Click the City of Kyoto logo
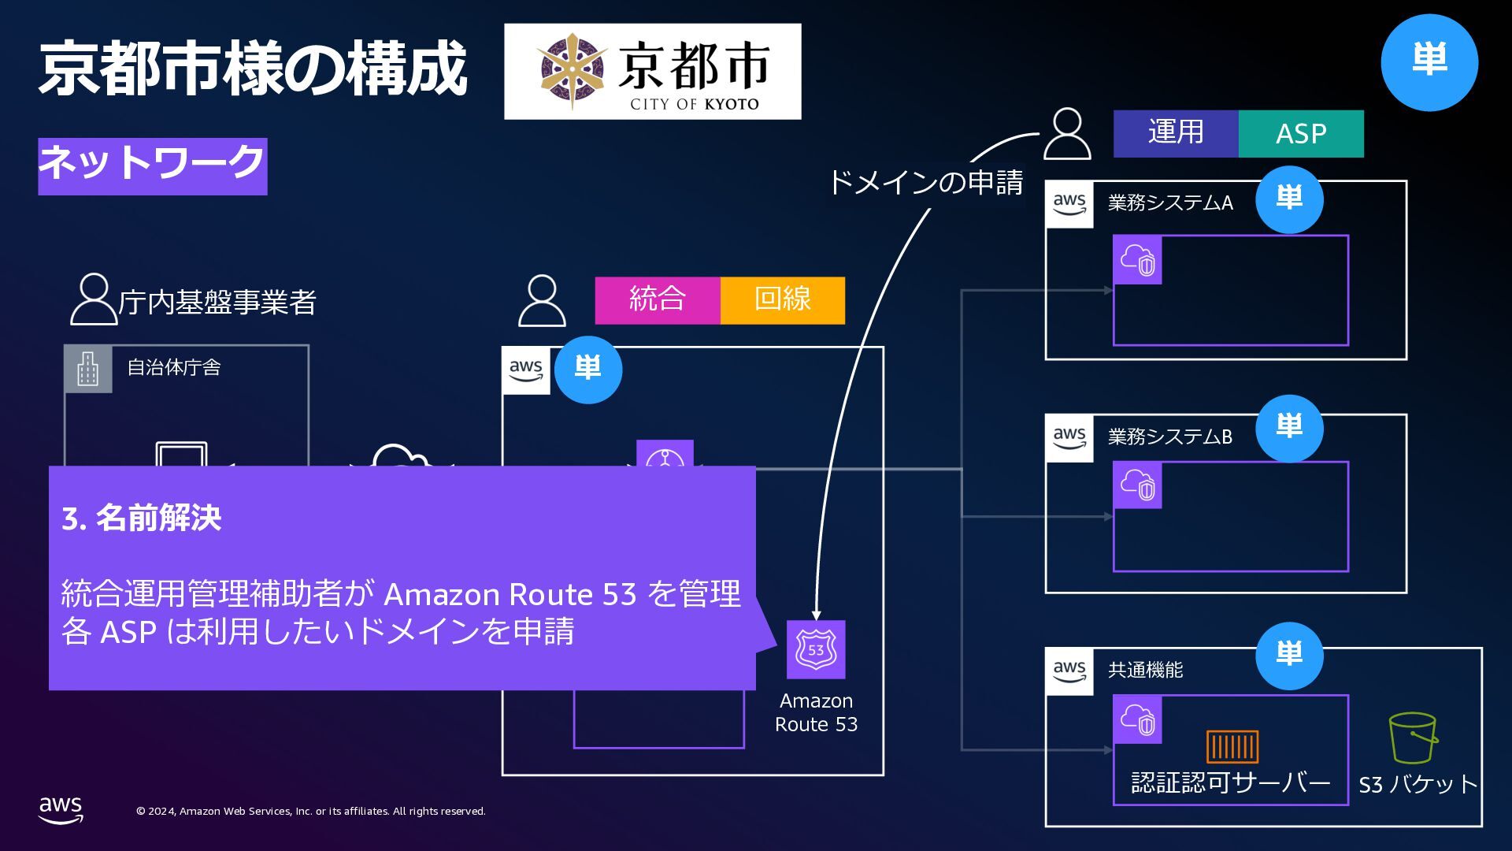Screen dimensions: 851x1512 pos(652,72)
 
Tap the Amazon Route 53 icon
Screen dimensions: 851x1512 pos(816,649)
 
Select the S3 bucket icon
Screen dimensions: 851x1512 pos(1413,738)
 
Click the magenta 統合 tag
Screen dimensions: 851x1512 pos(658,300)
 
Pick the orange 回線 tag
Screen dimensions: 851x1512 pos(782,300)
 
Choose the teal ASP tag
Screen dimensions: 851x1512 pos(1301,134)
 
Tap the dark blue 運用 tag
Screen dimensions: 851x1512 pos(1176,134)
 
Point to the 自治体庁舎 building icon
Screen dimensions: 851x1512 pos(88,369)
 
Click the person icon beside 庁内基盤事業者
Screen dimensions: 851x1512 pos(93,299)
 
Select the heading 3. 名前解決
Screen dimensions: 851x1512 pos(142,518)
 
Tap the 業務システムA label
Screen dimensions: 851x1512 pos(1170,203)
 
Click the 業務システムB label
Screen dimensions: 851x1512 pos(1170,437)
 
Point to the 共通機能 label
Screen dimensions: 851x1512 pos(1145,670)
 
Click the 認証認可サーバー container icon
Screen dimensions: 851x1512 pos(1232,746)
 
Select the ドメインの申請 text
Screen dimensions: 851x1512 pos(925,183)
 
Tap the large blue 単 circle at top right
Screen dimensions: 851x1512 pos(1429,62)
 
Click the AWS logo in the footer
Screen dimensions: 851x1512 pos(61,809)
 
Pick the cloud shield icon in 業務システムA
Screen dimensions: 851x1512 pos(1137,260)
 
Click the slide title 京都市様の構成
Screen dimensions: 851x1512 pos(253,69)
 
